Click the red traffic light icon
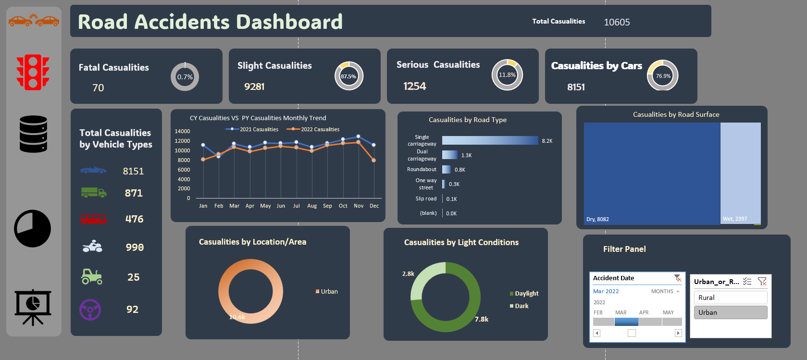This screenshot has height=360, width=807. pyautogui.click(x=33, y=73)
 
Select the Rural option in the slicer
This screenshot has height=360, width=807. pyautogui.click(x=730, y=298)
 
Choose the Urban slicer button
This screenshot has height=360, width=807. pyautogui.click(x=730, y=312)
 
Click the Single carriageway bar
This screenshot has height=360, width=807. pyautogui.click(x=489, y=140)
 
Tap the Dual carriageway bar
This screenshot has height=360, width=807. pyautogui.click(x=449, y=155)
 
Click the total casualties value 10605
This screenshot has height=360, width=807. pyautogui.click(x=617, y=22)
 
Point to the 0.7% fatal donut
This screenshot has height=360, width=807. pyautogui.click(x=185, y=77)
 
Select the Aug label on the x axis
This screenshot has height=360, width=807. pyautogui.click(x=312, y=206)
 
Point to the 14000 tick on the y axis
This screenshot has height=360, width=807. pyautogui.click(x=182, y=131)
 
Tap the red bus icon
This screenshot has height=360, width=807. pyautogui.click(x=93, y=219)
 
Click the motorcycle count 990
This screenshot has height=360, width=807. pyautogui.click(x=135, y=247)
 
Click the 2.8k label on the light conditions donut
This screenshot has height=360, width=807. pyautogui.click(x=408, y=273)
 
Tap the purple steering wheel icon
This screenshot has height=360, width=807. pyautogui.click(x=90, y=310)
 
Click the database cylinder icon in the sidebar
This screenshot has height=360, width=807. pyautogui.click(x=33, y=134)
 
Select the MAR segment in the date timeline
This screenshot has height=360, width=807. pyautogui.click(x=626, y=322)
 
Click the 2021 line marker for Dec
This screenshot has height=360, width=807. pyautogui.click(x=374, y=145)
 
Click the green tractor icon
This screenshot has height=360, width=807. pyautogui.click(x=92, y=276)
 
